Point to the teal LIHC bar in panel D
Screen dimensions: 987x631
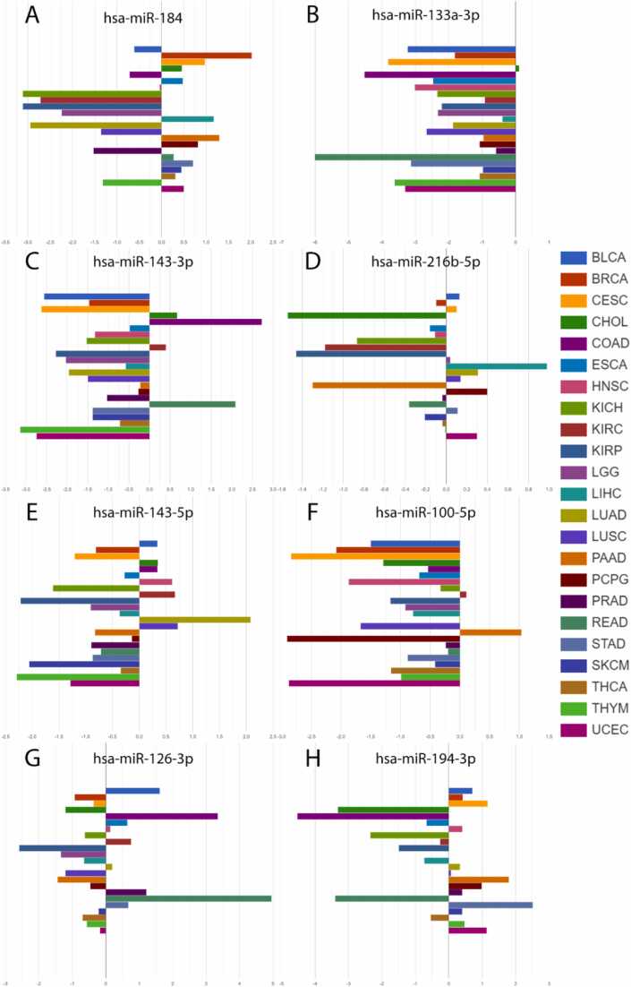tap(496, 365)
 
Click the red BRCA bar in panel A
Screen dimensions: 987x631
tap(206, 56)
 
